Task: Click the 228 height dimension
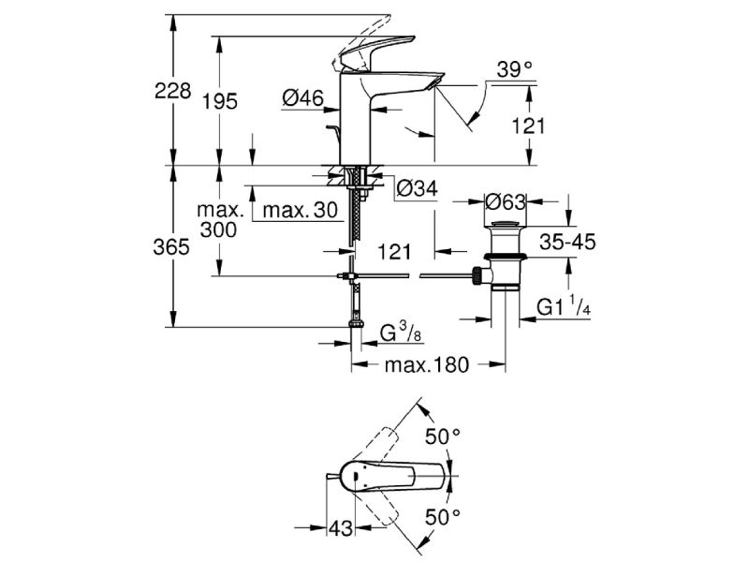[x=174, y=91]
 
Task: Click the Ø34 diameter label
[x=416, y=188]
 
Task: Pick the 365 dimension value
[x=174, y=247]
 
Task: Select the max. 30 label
[x=299, y=211]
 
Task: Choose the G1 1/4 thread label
[x=562, y=308]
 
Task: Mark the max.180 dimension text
[x=426, y=363]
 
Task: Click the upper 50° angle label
[x=443, y=436]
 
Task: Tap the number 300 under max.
[x=218, y=230]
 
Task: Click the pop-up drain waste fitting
[x=505, y=258]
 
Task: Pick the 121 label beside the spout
[x=529, y=126]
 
